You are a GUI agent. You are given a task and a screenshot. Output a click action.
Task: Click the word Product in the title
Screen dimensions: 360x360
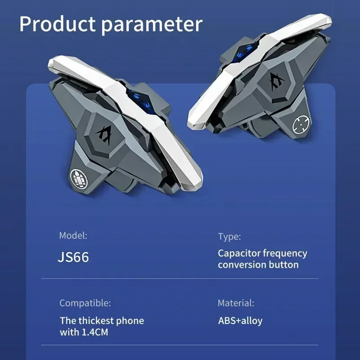pos(57,24)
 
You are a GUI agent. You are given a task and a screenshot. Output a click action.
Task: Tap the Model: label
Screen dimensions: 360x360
pos(73,235)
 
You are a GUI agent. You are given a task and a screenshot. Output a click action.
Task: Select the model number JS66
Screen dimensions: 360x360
pos(73,257)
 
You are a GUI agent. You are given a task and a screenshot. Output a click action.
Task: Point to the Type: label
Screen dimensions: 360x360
pos(229,237)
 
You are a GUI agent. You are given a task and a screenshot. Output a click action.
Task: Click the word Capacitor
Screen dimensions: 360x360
pos(239,254)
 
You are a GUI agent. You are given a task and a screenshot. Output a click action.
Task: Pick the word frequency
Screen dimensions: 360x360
pos(285,254)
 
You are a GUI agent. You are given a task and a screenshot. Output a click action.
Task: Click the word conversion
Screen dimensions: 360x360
pos(242,265)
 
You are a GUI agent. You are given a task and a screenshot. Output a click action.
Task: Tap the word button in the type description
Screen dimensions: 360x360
pos(284,265)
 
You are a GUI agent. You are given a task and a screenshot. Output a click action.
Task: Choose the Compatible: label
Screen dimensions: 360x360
pos(85,303)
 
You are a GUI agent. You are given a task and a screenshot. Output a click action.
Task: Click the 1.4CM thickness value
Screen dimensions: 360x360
pos(95,332)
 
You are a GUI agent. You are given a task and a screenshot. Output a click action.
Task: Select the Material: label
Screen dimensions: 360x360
pos(236,303)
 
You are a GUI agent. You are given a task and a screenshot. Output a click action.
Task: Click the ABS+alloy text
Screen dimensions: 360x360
pos(240,321)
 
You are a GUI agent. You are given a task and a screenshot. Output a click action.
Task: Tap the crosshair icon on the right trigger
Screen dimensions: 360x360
pos(301,124)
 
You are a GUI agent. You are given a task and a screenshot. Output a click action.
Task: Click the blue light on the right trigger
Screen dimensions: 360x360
pos(244,53)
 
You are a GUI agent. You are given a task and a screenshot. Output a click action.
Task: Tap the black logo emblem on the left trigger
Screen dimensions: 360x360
pos(105,135)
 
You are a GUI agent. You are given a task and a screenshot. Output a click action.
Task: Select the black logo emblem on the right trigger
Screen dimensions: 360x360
pos(277,81)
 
